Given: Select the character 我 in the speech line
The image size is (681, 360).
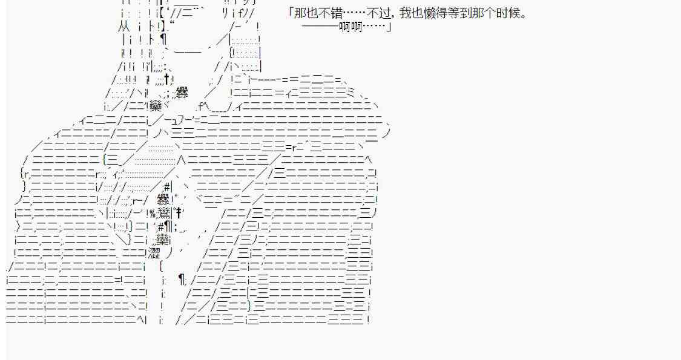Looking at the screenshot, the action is pos(405,13).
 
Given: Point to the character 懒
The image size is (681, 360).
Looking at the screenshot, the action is pos(430,13).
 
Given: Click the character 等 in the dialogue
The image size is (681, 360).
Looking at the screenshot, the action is pos(454,13).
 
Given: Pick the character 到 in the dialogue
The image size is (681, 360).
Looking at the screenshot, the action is pos(466,13).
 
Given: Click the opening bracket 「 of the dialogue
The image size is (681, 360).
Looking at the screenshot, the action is pos(291,12).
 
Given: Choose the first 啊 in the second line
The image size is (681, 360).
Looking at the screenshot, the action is pos(344,27).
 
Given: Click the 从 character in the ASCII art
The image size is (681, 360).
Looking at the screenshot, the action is pos(122,27).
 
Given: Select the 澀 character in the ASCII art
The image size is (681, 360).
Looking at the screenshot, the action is pos(154,253).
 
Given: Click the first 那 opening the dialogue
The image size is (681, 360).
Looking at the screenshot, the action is pos(300,13).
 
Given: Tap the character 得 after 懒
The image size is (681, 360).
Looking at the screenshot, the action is pos(442,13).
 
